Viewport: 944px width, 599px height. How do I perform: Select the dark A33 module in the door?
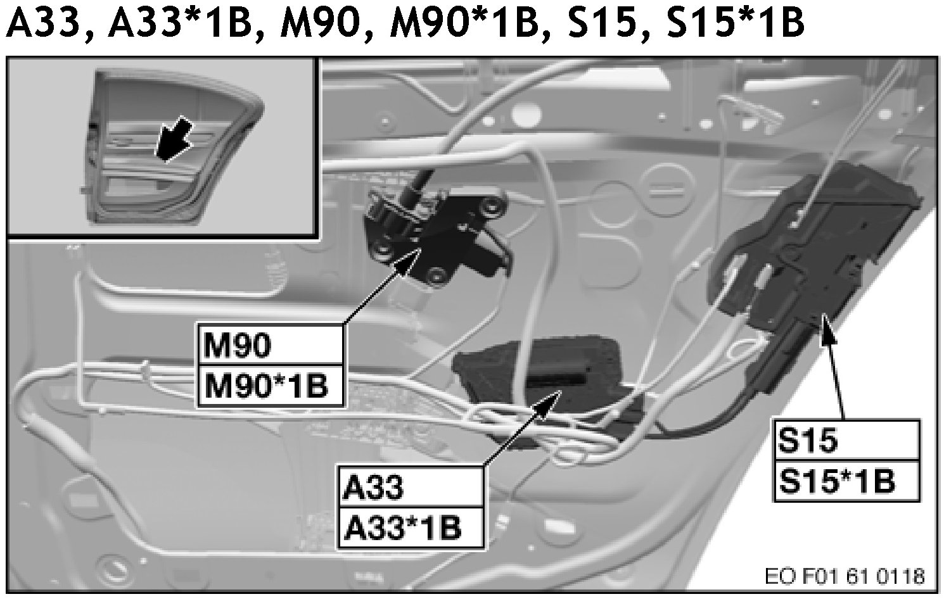click(545, 374)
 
